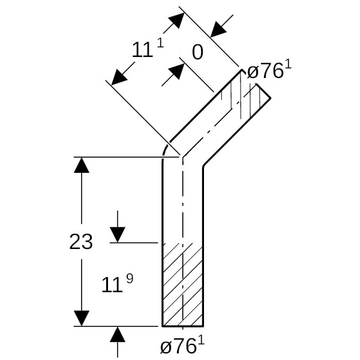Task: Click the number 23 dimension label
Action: click(x=81, y=242)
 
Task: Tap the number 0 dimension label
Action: click(x=197, y=52)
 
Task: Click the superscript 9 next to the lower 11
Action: click(x=130, y=279)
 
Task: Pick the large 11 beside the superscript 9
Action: click(x=112, y=284)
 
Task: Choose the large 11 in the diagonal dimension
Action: click(x=142, y=50)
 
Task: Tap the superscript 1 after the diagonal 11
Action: click(x=161, y=43)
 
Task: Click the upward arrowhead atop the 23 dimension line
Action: click(x=82, y=165)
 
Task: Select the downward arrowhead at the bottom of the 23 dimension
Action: click(x=82, y=318)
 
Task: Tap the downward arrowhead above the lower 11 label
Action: click(x=118, y=235)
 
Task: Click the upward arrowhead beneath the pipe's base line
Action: click(x=118, y=334)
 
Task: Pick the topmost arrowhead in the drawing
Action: click(x=176, y=20)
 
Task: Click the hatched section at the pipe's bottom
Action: click(x=183, y=284)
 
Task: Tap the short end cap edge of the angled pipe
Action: click(x=263, y=91)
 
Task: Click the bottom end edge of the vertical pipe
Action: click(x=183, y=326)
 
